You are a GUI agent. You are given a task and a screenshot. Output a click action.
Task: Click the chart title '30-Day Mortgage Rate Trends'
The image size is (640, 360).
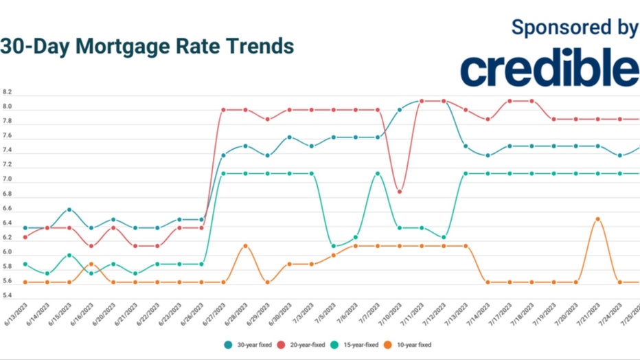click(147, 47)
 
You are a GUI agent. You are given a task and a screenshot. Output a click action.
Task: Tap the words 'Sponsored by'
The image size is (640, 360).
click(575, 27)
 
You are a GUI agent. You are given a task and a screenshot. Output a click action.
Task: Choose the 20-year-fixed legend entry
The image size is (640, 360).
click(306, 344)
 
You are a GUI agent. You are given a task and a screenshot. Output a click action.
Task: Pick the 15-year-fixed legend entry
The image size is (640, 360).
click(361, 344)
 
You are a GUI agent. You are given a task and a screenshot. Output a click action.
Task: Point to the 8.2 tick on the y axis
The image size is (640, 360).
click(8, 92)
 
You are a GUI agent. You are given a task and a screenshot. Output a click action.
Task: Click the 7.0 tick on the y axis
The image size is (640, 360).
click(8, 180)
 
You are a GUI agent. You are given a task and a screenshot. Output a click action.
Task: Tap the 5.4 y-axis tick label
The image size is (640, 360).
click(8, 296)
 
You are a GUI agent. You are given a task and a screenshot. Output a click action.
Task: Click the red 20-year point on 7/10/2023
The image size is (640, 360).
click(400, 191)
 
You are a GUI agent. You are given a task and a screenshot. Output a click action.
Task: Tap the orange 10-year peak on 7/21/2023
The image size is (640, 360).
click(598, 219)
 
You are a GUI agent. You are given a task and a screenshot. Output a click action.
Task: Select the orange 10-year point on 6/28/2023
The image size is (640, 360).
click(245, 246)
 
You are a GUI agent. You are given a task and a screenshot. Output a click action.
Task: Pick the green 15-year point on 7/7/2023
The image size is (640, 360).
click(378, 174)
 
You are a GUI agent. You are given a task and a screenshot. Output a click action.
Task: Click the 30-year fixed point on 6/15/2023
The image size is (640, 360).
click(69, 210)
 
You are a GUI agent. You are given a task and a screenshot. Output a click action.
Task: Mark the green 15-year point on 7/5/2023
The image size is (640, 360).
click(334, 246)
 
